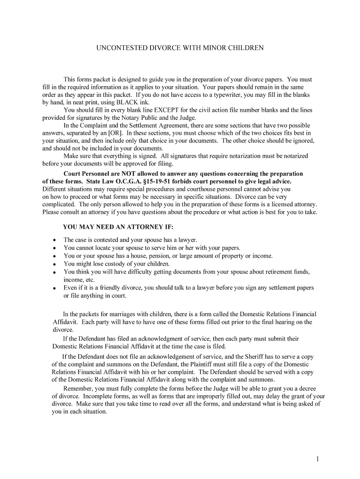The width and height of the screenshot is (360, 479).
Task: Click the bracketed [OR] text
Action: [x=117, y=133]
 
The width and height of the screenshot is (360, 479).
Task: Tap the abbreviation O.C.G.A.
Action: [x=121, y=181]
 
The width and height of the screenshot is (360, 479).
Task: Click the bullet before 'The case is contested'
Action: [x=54, y=240]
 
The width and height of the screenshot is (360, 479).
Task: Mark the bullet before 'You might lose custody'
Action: [x=54, y=264]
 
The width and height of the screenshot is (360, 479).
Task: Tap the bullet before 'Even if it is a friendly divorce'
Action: [x=54, y=288]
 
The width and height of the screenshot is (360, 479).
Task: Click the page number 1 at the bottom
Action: [x=317, y=459]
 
